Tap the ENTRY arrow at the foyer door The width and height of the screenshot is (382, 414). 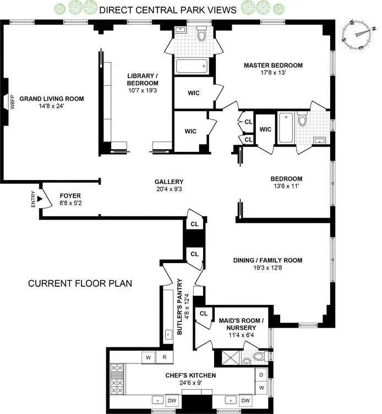coord(40,198)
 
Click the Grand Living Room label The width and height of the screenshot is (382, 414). coord(52,99)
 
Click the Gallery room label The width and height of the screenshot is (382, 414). coord(168,182)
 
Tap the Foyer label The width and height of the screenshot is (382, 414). coord(70,195)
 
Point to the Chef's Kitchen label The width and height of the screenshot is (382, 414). coord(190,375)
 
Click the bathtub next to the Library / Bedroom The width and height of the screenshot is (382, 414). coord(192,67)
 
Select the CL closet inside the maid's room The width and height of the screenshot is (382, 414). coord(203,314)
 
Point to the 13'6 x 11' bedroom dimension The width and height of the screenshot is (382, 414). coord(286,186)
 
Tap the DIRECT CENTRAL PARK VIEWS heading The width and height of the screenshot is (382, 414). coord(168,10)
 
